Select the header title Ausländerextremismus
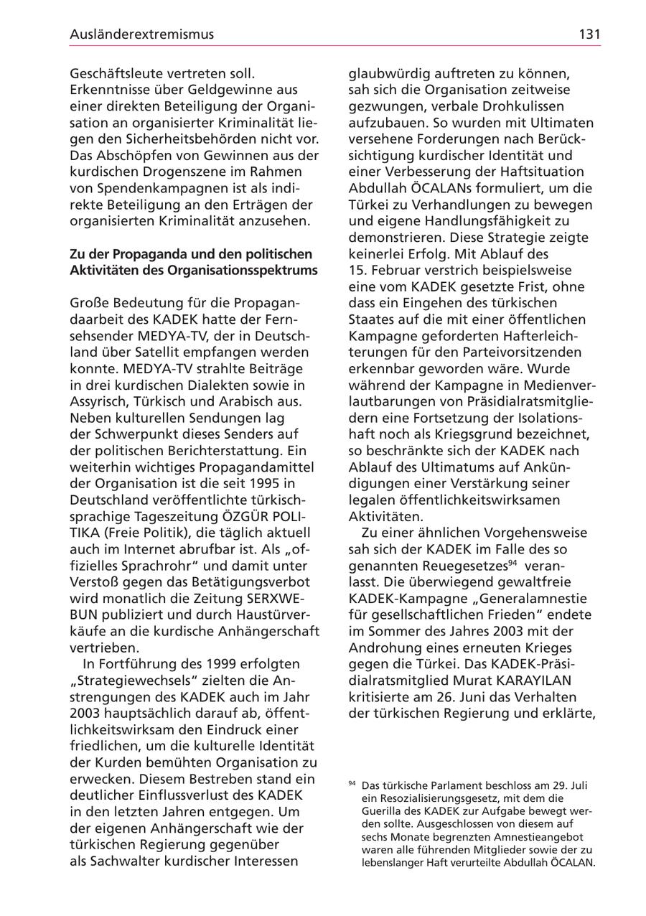pos(142,34)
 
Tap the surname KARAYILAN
pos(523,681)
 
